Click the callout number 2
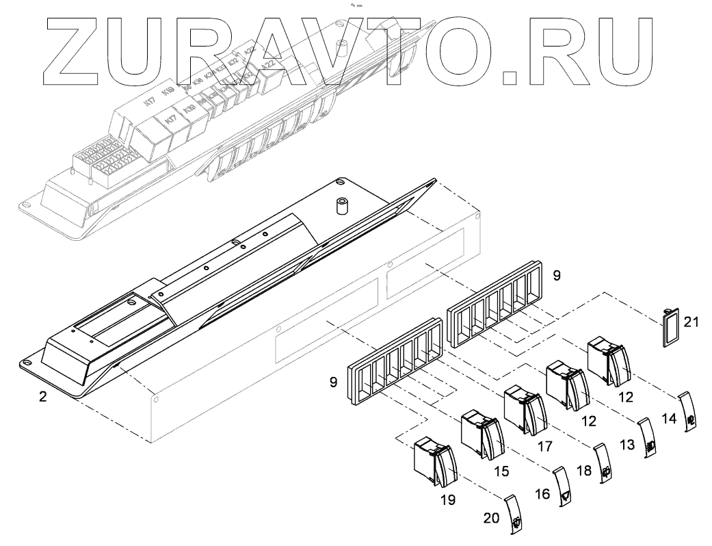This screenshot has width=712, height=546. point(42,396)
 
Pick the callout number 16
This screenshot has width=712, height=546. point(542,493)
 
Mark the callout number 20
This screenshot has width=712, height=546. point(491,518)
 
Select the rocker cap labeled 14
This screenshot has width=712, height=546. point(687,412)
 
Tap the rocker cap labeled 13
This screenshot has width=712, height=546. point(647,437)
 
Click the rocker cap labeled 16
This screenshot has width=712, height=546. point(562,486)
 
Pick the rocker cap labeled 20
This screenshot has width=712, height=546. point(514,514)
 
